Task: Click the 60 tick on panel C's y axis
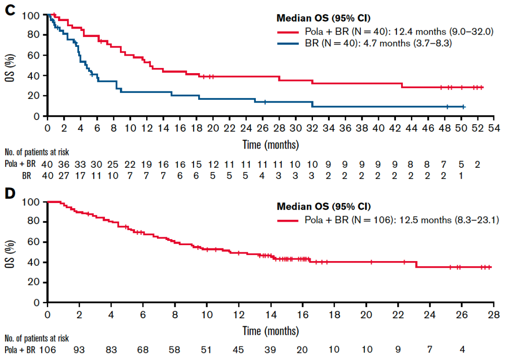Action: click(x=38, y=55)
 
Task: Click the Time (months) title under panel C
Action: click(x=270, y=144)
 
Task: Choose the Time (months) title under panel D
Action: click(x=270, y=331)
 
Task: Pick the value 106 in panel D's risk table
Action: click(x=47, y=350)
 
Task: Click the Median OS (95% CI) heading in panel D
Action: click(x=324, y=206)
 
